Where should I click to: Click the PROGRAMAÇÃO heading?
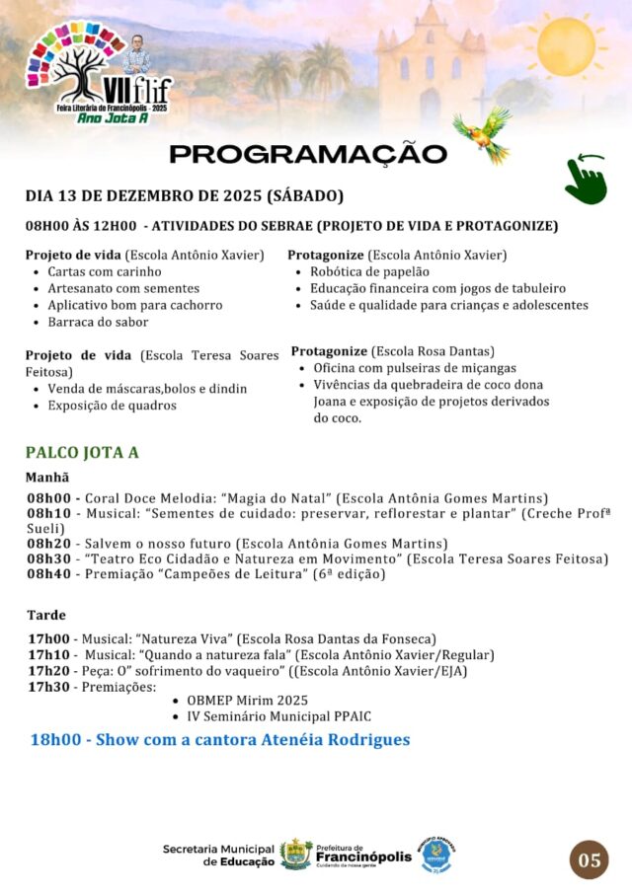click(x=308, y=154)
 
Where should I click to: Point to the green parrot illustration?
click(x=483, y=134)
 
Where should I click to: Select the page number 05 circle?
click(x=589, y=859)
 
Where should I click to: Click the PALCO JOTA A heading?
click(x=82, y=453)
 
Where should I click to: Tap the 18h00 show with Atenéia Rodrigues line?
click(x=219, y=739)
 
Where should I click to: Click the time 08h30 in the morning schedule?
click(x=48, y=559)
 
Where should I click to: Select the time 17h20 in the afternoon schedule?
click(x=48, y=671)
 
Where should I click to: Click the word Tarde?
click(x=46, y=615)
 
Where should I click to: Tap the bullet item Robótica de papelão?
click(x=369, y=271)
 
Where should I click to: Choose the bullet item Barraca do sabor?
click(x=97, y=322)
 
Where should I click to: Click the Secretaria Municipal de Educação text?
click(x=218, y=855)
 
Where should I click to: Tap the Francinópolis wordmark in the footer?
click(x=363, y=857)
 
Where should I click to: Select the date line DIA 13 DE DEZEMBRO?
click(x=184, y=195)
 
